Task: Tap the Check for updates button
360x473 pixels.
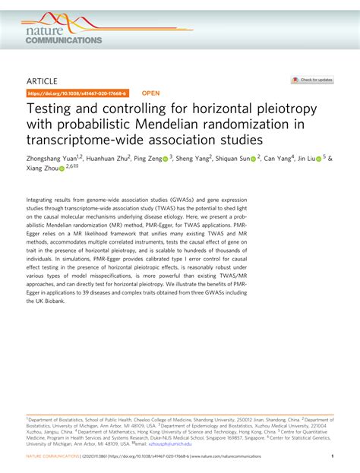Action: pyautogui.click(x=311, y=80)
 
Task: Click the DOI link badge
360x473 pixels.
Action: pyautogui.click(x=77, y=94)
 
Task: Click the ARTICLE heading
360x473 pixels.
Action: pyautogui.click(x=45, y=80)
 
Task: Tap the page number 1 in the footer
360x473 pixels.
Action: pyautogui.click(x=333, y=457)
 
